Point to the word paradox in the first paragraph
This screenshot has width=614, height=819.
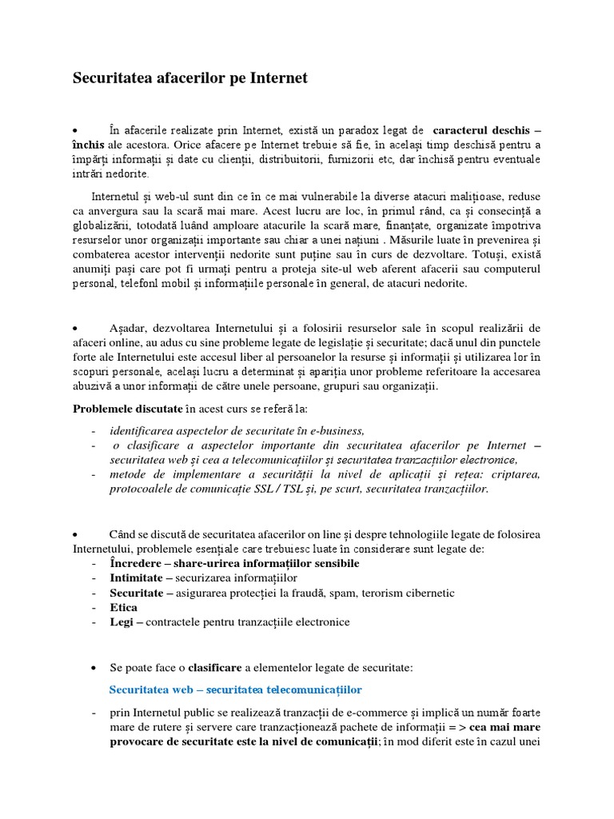368,130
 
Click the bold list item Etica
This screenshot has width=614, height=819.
124,608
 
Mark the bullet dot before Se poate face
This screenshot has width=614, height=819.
97,667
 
